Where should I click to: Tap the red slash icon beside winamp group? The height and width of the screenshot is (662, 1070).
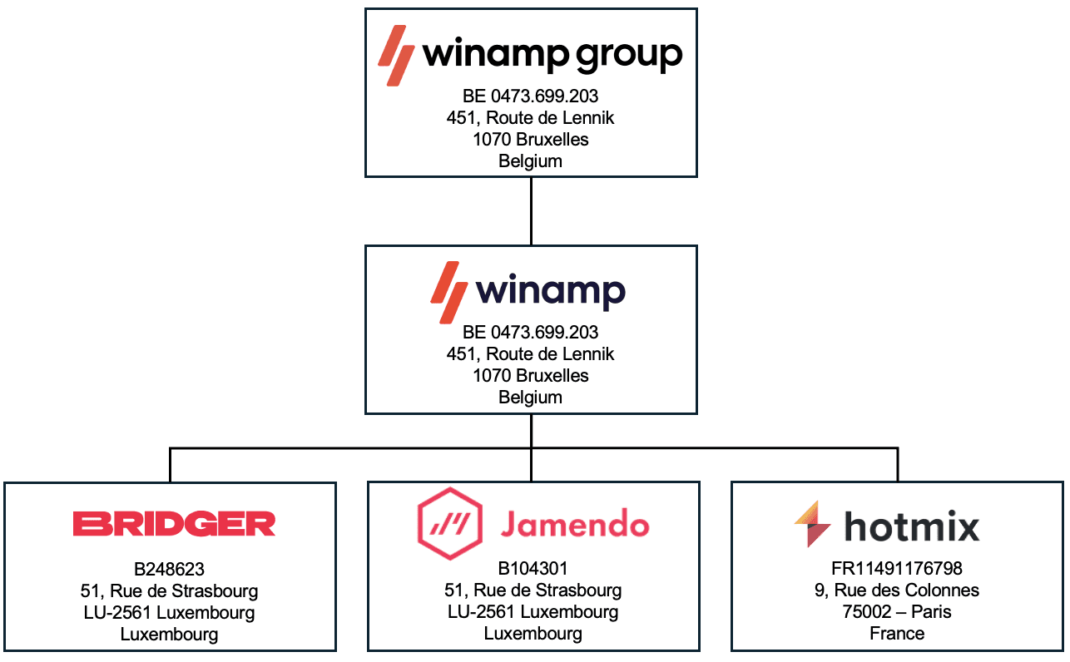pyautogui.click(x=396, y=55)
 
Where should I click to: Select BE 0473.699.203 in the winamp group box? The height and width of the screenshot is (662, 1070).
pyautogui.click(x=530, y=96)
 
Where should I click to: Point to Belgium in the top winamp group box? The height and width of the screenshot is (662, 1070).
pyautogui.click(x=530, y=161)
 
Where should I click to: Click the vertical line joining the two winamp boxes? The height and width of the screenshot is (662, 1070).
pyautogui.click(x=531, y=211)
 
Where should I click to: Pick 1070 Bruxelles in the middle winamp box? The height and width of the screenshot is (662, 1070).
pyautogui.click(x=530, y=376)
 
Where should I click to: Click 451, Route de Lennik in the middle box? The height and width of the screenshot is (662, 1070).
pyautogui.click(x=530, y=354)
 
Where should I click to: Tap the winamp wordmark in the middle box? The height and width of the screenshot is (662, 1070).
pyautogui.click(x=550, y=292)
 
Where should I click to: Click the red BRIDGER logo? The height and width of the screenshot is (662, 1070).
pyautogui.click(x=174, y=524)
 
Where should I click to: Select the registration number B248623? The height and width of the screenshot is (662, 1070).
pyautogui.click(x=169, y=570)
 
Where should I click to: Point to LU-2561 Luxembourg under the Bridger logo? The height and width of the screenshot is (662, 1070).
pyautogui.click(x=169, y=613)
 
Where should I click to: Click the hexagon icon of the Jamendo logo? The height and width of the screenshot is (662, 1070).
pyautogui.click(x=449, y=524)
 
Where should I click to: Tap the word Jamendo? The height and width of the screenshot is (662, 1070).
pyautogui.click(x=574, y=525)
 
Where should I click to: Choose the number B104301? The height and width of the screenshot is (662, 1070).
pyautogui.click(x=533, y=569)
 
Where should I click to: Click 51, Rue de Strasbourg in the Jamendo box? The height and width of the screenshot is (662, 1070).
pyautogui.click(x=533, y=590)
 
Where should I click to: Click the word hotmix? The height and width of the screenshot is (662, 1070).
pyautogui.click(x=912, y=526)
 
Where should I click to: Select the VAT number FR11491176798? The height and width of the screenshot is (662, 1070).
pyautogui.click(x=897, y=569)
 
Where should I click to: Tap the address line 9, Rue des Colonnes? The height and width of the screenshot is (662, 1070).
pyautogui.click(x=897, y=590)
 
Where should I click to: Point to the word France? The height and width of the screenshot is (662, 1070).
pyautogui.click(x=897, y=634)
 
